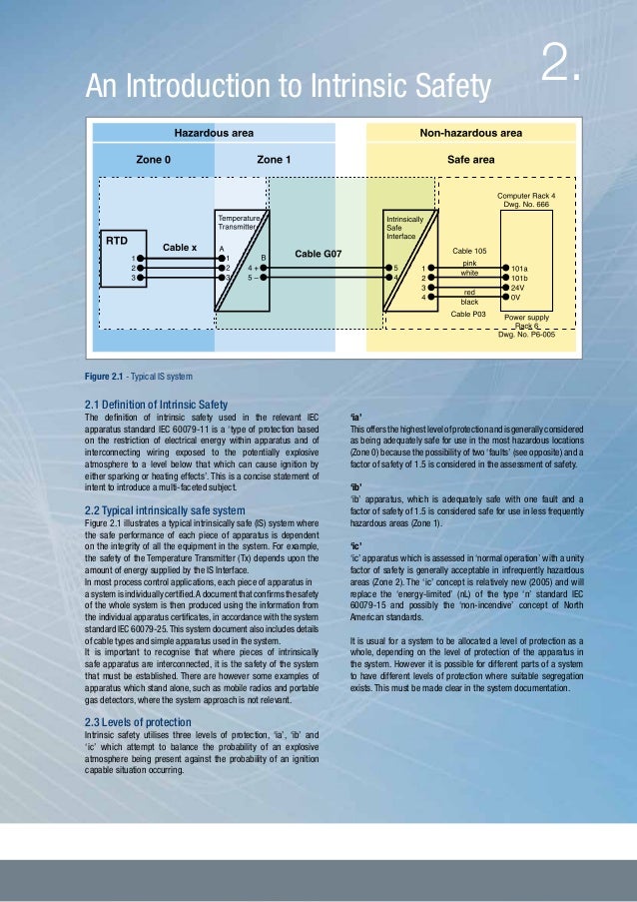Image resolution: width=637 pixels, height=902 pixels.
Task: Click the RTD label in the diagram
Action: tap(117, 241)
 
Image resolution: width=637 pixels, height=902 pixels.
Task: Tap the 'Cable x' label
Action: tap(180, 247)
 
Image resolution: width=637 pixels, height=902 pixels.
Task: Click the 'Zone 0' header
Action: tap(153, 159)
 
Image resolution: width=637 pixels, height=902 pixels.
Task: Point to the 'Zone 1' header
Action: tap(274, 159)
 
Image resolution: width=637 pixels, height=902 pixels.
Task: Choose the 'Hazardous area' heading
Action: tap(214, 133)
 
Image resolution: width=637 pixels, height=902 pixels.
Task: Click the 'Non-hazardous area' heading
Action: tap(470, 133)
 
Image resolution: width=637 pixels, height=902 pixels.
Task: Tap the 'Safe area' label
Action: tap(470, 159)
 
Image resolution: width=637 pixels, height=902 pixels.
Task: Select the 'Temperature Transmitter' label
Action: tap(239, 222)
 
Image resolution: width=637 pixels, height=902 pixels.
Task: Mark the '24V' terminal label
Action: tap(518, 288)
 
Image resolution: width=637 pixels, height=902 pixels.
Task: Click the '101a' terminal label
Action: tap(519, 268)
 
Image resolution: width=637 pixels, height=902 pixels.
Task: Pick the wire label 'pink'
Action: tap(469, 262)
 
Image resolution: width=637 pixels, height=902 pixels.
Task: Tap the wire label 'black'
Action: tap(469, 300)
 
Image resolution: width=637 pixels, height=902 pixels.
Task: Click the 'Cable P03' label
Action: tap(468, 314)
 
